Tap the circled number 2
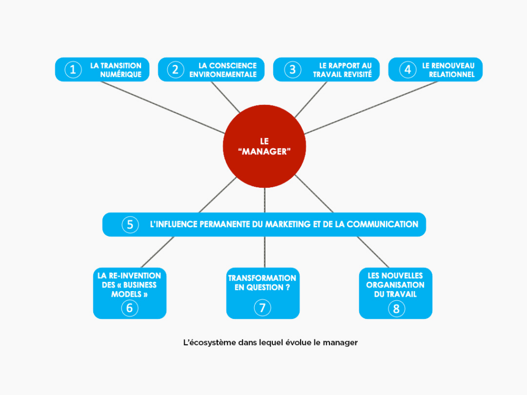pyautogui.click(x=175, y=69)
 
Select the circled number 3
pyautogui.click(x=292, y=69)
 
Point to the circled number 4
pyautogui.click(x=408, y=69)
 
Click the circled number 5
pyautogui.click(x=130, y=225)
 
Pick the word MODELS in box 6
pyautogui.click(x=126, y=294)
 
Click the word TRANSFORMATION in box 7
pyautogui.click(x=262, y=278)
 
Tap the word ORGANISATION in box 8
pyautogui.click(x=395, y=285)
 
